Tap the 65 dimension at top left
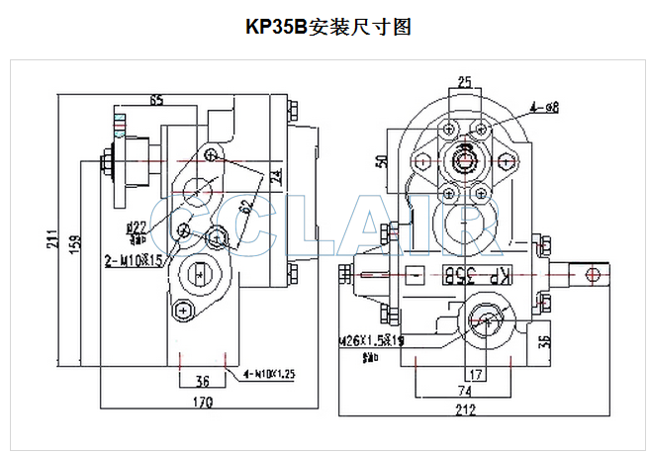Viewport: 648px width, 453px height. coord(156,100)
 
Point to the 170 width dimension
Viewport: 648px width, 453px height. coord(203,403)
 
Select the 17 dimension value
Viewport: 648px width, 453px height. coord(477,375)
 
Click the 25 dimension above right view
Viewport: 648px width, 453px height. coord(465,82)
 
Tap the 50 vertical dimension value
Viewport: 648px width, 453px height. coord(381,161)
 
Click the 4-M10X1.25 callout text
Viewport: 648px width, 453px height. coord(268,374)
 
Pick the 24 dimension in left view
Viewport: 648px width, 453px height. coord(276,180)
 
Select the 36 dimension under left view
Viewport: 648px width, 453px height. coord(202,380)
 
